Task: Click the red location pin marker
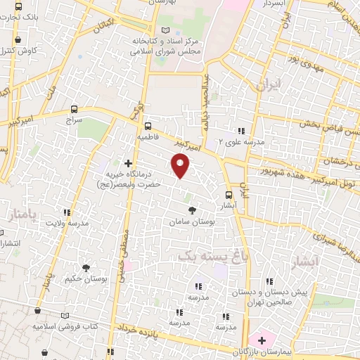[181, 166]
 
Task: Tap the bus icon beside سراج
[75, 109]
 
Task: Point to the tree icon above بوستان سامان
[192, 210]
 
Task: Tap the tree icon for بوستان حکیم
[86, 268]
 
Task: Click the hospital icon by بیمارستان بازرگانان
[262, 340]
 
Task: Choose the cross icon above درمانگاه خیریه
[128, 163]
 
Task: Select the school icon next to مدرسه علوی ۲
[241, 131]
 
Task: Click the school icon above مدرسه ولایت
[67, 212]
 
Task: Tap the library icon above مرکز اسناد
[165, 31]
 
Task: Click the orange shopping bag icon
[37, 311]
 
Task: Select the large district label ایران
[269, 86]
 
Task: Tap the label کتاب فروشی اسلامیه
[65, 327]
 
